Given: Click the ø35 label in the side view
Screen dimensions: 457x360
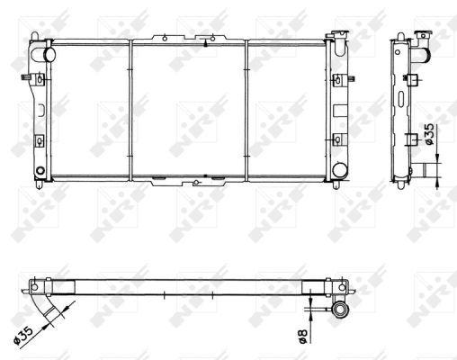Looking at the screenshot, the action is tap(429, 133).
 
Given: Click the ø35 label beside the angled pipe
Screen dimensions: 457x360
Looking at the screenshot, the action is tap(23, 335).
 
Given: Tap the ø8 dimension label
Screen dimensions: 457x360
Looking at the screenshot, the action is tap(303, 336).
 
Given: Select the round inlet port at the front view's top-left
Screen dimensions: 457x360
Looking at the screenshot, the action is tap(49, 54).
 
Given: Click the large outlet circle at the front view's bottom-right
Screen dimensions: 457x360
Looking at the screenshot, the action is tap(340, 169).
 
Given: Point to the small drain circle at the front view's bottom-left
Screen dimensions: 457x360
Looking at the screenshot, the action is tap(40, 171).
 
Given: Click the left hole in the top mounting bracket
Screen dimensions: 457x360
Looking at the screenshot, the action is tap(165, 39).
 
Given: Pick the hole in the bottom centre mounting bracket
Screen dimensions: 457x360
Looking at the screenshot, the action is tap(196, 182).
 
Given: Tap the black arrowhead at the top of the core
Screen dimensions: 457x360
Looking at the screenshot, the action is tap(205, 43).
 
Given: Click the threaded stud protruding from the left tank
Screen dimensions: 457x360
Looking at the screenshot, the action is tap(27, 78).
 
